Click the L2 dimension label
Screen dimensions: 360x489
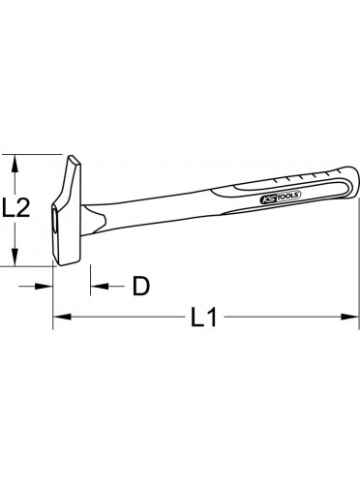pyautogui.click(x=15, y=207)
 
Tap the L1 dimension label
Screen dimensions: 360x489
pyautogui.click(x=203, y=317)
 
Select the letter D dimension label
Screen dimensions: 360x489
pyautogui.click(x=141, y=286)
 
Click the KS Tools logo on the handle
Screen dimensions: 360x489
pyautogui.click(x=280, y=197)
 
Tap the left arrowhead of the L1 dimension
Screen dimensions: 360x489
pyautogui.click(x=62, y=317)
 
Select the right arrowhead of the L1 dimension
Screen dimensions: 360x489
pyautogui.click(x=349, y=317)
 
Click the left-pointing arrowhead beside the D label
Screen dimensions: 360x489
pyautogui.click(x=100, y=286)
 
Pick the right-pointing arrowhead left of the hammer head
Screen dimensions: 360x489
pyautogui.click(x=44, y=286)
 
